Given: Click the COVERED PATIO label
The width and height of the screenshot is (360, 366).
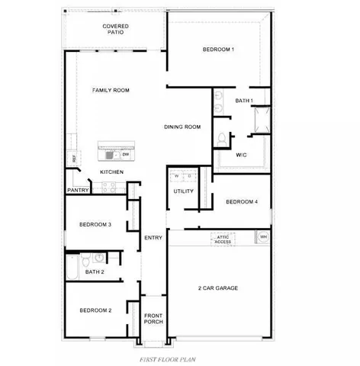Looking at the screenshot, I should coord(116,30).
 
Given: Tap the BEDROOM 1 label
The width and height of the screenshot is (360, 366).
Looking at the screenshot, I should coord(218,50).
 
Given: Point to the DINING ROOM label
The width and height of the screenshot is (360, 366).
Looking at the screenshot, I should coord(182,127).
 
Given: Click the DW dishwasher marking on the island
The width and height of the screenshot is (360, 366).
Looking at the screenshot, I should coord(125,155).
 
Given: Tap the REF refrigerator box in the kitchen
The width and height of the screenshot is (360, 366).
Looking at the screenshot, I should coord(73,159).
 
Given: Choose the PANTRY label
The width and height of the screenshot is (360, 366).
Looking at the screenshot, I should coord(79,190).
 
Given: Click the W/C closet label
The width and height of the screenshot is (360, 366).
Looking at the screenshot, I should coord(241,156).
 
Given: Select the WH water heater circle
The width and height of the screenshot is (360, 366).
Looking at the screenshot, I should coord(263,237).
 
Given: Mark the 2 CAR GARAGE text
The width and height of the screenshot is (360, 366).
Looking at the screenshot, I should coord(218,287).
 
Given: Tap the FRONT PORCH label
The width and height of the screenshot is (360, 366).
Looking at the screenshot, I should coord(153,318).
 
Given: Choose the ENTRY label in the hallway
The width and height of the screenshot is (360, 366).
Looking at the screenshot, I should coord(153,238).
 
